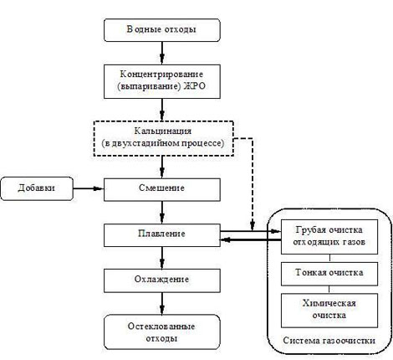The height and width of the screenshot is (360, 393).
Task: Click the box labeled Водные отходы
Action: (162, 30)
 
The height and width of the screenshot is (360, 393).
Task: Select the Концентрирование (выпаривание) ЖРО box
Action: (162, 81)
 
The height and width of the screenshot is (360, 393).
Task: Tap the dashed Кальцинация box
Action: (164, 138)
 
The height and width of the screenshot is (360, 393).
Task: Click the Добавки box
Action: (37, 188)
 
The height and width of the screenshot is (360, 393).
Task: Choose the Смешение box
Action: (162, 190)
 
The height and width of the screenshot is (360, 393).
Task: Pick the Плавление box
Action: (162, 235)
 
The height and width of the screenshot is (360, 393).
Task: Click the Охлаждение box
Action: (162, 280)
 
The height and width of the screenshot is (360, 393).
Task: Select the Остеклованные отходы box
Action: (162, 332)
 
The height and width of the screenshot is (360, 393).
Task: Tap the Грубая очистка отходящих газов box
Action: (329, 237)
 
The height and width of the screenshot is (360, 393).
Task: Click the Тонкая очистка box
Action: (329, 274)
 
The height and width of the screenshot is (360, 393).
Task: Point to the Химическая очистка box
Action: (329, 311)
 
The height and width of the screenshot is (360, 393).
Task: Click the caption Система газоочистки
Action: (329, 341)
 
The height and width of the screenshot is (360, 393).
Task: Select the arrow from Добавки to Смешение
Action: (89, 188)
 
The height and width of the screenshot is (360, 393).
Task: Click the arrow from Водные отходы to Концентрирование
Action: (162, 54)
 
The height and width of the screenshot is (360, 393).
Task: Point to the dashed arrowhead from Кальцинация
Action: (253, 226)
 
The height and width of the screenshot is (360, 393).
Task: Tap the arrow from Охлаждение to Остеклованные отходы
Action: (162, 304)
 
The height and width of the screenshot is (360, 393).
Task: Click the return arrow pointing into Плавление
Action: (251, 239)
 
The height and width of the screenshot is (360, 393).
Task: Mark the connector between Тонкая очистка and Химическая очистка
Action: (329, 290)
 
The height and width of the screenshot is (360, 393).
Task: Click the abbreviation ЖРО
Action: (195, 86)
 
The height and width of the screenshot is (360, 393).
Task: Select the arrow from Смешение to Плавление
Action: (162, 213)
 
